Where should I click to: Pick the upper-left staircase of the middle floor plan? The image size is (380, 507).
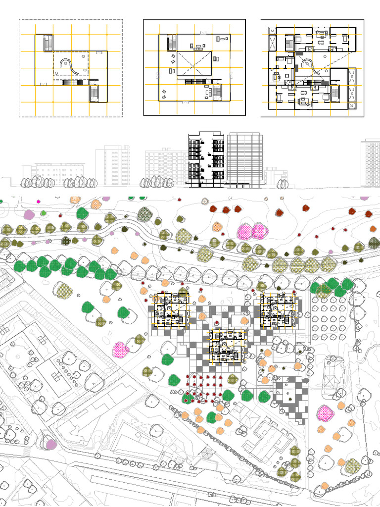pos(172,43)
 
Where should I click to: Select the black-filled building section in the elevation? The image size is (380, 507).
pos(205,159)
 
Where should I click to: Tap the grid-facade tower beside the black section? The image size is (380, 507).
pos(244,159)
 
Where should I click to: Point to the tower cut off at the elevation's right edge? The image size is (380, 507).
pos(372,163)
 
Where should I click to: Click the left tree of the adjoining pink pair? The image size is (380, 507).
pos(244,230)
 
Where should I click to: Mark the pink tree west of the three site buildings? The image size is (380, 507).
pos(120,350)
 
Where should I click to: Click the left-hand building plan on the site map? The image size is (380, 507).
pos(171,310)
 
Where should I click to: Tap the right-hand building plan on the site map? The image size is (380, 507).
pos(278,310)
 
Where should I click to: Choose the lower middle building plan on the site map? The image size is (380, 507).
pos(227,346)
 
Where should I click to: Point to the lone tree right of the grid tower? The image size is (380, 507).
pos(283,184)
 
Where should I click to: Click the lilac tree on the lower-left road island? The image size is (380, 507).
pos(50,444)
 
